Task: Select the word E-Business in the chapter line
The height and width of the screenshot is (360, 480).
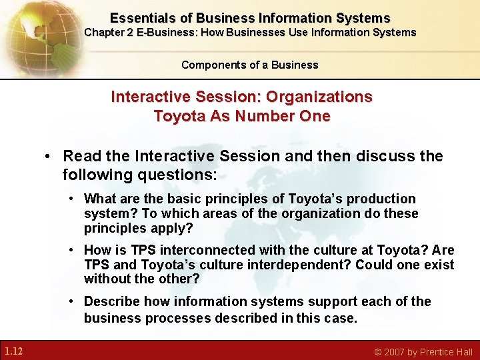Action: pyautogui.click(x=163, y=32)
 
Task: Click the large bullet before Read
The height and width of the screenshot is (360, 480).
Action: pyautogui.click(x=49, y=157)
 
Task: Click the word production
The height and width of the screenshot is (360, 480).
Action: pyautogui.click(x=384, y=199)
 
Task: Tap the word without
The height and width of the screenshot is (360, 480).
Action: pyautogui.click(x=105, y=279)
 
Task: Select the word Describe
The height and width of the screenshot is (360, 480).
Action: pyautogui.click(x=109, y=301)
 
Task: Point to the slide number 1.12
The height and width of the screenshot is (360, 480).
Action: pyautogui.click(x=13, y=351)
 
